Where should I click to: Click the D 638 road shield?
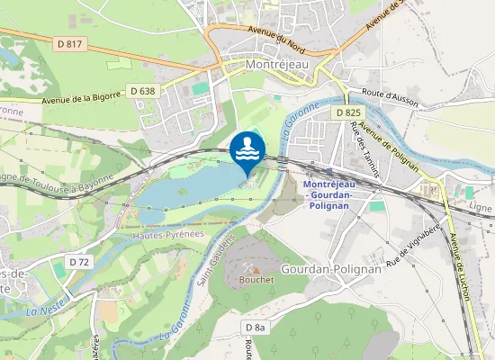point(142,90)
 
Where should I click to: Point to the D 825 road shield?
point(349,112)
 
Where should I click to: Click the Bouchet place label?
point(256,279)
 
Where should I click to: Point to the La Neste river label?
point(42,310)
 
